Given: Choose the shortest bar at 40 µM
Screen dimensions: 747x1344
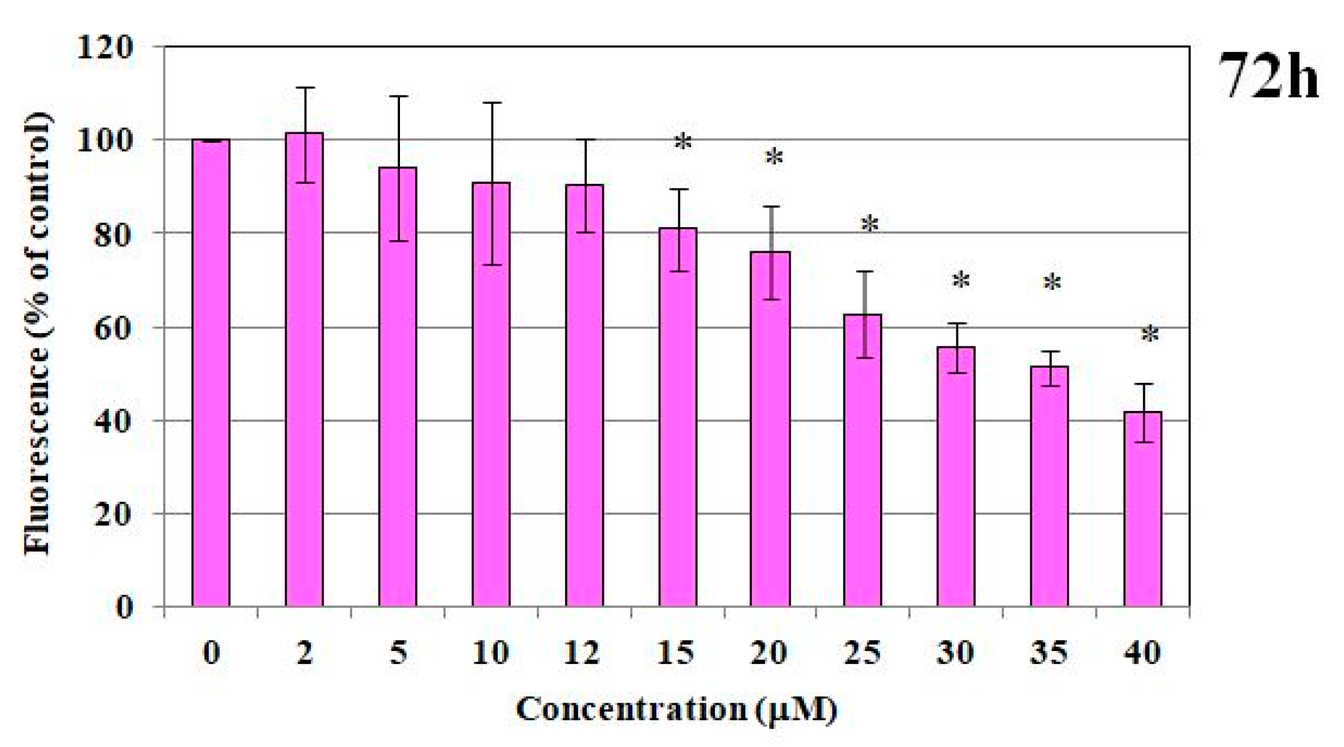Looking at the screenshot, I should point(1143,509).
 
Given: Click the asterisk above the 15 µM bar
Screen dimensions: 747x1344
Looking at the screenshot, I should point(683,142).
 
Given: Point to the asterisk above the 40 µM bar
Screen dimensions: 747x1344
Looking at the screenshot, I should point(1150,335).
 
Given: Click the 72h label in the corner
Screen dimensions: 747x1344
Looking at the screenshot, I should point(1268,76).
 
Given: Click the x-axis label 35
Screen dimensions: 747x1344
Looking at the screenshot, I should point(1049,653).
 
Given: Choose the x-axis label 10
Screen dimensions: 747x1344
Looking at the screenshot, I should point(490,653).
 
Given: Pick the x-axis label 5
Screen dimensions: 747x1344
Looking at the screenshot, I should point(398,653).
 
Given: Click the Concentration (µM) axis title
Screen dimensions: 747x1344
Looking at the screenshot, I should point(676,710).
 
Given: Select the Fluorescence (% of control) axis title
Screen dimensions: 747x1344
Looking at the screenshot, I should point(37,334).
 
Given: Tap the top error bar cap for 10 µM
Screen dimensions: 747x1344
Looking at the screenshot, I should point(492,103).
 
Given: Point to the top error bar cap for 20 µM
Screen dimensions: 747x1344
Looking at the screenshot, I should point(771,207).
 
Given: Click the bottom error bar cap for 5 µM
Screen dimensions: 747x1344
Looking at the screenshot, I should point(398,241).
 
